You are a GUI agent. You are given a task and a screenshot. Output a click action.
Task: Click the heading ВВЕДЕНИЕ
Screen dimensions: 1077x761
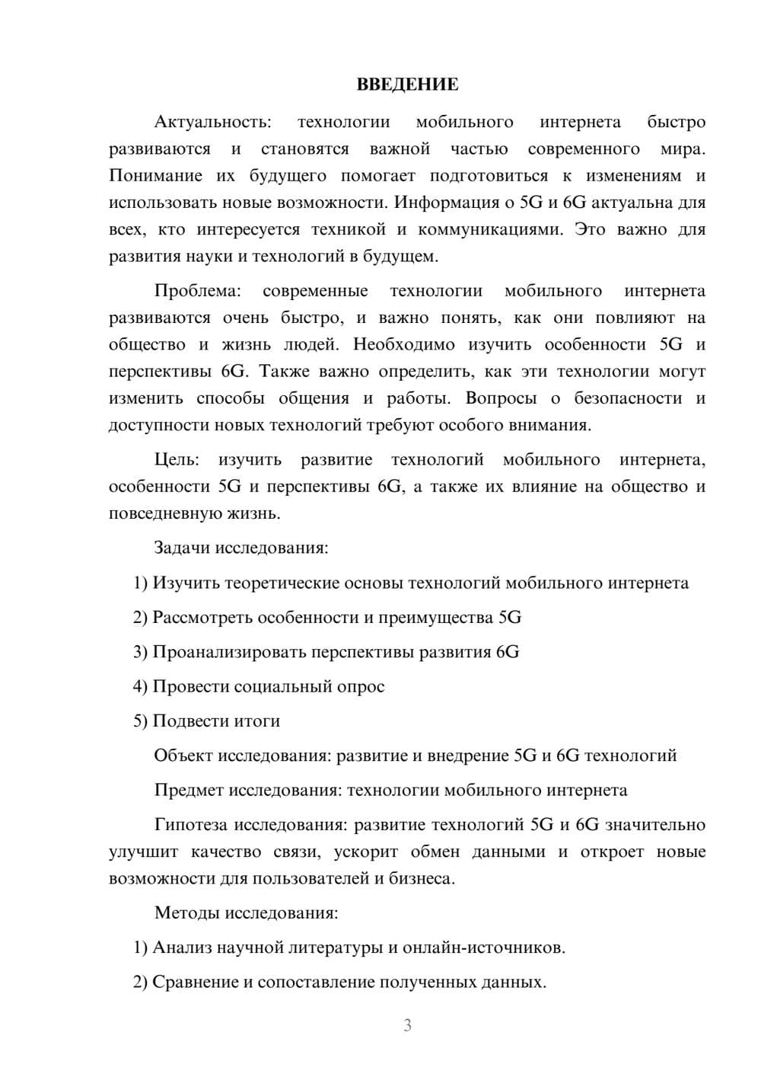[x=407, y=85]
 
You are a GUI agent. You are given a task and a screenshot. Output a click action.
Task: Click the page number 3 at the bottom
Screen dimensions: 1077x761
[x=407, y=1025]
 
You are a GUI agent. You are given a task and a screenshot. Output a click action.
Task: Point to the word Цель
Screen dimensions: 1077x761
[x=177, y=460]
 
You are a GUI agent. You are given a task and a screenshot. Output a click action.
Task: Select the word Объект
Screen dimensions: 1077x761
[x=183, y=756]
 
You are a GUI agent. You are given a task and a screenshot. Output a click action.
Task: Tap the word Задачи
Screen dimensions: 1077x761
[x=183, y=548]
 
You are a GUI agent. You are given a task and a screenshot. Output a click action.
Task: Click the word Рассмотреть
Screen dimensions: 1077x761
[x=202, y=617]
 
